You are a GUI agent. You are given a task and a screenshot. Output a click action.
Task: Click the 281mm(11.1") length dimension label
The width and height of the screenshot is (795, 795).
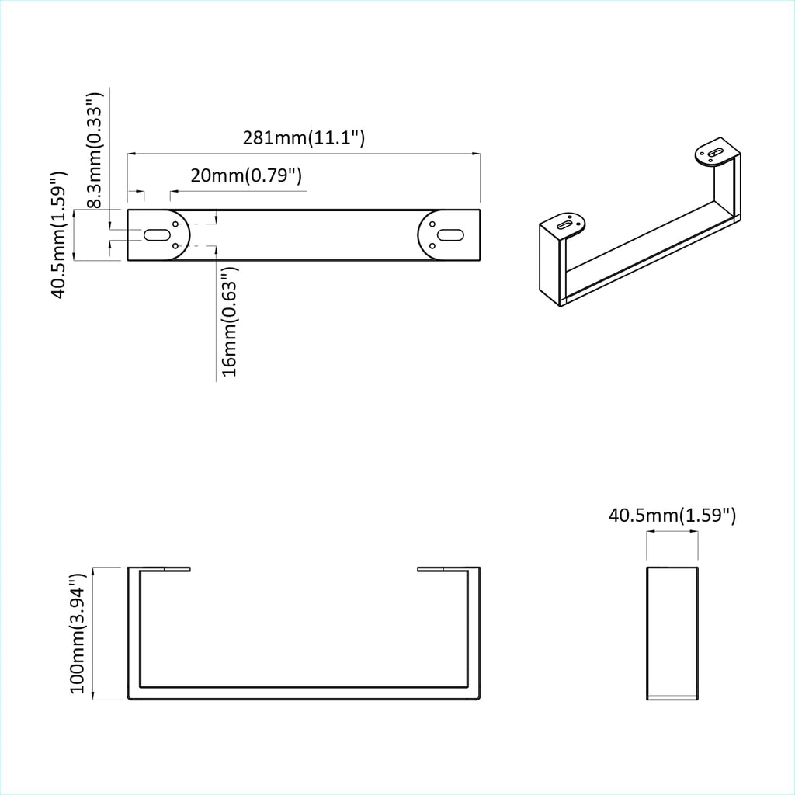point(304,138)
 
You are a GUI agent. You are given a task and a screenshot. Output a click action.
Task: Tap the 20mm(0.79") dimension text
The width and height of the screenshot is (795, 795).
point(245,175)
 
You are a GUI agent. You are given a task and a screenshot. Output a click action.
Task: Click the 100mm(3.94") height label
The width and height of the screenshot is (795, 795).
point(77,634)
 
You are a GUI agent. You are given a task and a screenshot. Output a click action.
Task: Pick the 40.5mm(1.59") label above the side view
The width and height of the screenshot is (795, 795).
point(672,515)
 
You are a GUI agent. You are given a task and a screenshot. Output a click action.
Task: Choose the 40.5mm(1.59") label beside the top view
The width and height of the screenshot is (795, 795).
point(59,234)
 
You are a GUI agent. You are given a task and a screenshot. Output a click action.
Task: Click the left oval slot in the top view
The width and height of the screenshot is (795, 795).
point(158,234)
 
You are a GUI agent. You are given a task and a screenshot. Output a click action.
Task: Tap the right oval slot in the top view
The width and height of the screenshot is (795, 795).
point(449,234)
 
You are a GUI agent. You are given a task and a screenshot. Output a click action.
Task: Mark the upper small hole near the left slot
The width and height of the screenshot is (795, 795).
point(178,225)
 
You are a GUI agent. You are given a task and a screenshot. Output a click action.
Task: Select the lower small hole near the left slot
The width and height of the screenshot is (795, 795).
point(178,246)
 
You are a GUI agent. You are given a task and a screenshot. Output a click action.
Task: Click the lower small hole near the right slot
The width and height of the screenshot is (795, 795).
point(429,246)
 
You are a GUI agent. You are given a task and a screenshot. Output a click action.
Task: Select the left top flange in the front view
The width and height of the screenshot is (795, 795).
point(159,569)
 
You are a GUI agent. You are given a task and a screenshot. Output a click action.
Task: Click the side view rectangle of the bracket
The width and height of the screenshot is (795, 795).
point(672,633)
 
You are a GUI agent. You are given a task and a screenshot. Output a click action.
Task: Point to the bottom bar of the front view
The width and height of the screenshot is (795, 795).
point(304,693)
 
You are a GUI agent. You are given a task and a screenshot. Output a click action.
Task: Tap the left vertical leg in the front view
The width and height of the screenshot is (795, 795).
point(134,633)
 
